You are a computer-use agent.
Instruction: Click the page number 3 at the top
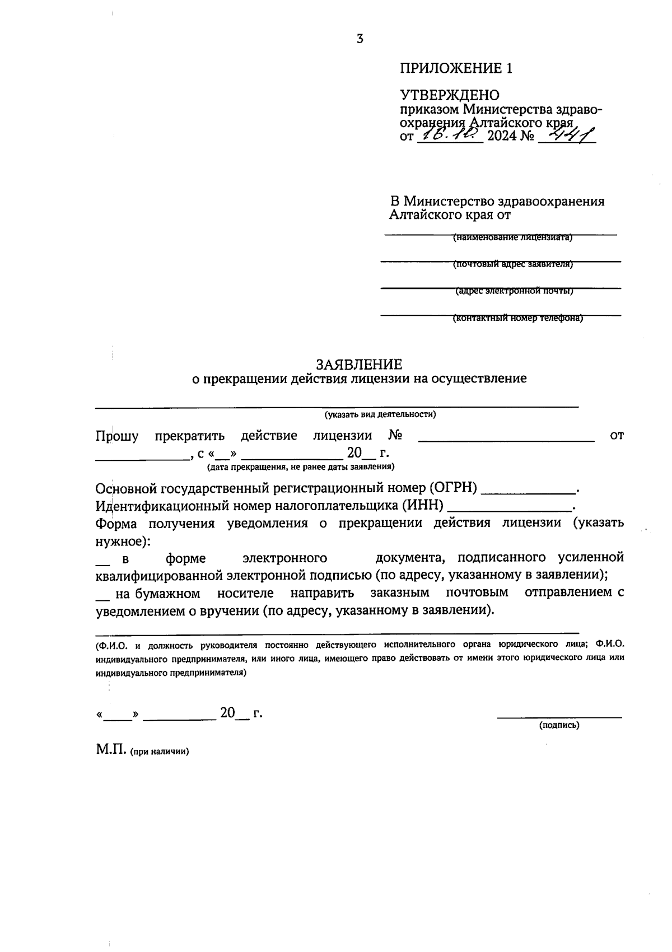tap(360, 39)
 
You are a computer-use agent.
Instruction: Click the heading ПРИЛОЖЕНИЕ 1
tap(456, 68)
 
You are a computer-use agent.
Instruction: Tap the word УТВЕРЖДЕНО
tap(449, 95)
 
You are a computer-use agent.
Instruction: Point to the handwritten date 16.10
tap(450, 134)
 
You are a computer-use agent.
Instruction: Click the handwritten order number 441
tap(571, 134)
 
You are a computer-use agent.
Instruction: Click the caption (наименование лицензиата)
tap(512, 237)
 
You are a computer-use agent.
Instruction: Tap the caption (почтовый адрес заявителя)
tap(512, 264)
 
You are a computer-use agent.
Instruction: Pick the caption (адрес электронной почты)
tap(514, 291)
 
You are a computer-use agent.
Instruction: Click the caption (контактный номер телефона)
tap(517, 318)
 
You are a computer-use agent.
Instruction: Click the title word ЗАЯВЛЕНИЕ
tap(359, 365)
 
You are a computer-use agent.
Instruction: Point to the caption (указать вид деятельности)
tap(380, 414)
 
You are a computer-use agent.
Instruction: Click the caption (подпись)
tap(559, 725)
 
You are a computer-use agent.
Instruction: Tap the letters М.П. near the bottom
tap(111, 750)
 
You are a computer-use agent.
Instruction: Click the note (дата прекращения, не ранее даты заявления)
tap(301, 466)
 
